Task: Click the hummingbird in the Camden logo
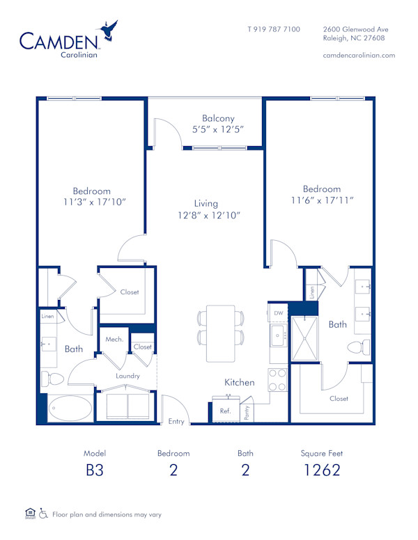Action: (x=109, y=31)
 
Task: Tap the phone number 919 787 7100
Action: (x=274, y=29)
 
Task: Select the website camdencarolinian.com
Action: (x=359, y=55)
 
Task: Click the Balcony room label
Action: (x=218, y=118)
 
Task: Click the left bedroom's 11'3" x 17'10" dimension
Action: (x=91, y=202)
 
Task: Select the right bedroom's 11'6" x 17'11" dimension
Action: (x=321, y=200)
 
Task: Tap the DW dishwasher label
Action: (x=279, y=314)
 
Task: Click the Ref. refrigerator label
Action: (x=225, y=411)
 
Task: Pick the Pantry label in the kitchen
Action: (x=247, y=411)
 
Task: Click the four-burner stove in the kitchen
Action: (x=278, y=379)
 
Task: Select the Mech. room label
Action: (x=114, y=340)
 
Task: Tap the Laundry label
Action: (x=128, y=376)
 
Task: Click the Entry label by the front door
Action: (x=177, y=422)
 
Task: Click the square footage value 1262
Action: (x=322, y=470)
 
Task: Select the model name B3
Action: (x=94, y=470)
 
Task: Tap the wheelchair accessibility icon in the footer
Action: (x=43, y=514)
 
